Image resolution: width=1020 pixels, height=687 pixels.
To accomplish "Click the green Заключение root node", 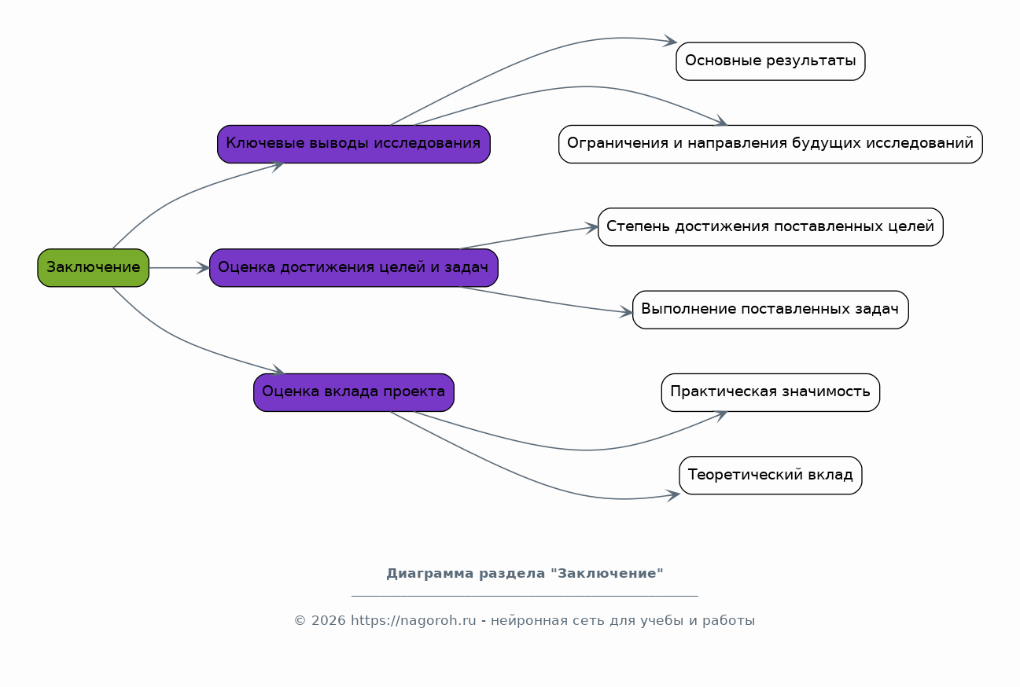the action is coord(94,268).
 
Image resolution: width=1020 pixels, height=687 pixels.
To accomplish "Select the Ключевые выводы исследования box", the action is coord(354,144).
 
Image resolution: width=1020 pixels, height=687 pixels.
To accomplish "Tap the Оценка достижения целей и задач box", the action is coord(354,268).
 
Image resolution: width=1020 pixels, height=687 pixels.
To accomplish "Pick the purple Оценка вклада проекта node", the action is coord(354,392).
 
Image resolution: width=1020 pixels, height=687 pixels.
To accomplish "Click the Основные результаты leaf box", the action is coord(771,61).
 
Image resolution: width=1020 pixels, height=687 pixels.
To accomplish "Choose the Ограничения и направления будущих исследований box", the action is coord(771,144).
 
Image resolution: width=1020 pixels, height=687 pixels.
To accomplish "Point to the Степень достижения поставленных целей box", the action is coord(771,226).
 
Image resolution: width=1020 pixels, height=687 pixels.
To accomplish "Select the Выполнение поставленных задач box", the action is coord(771,310).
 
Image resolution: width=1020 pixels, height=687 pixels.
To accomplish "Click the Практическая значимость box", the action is coord(771,392).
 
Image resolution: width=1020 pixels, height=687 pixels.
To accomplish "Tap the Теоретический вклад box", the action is coord(771,476).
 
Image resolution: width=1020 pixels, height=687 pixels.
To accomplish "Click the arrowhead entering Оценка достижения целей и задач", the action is coord(203,268).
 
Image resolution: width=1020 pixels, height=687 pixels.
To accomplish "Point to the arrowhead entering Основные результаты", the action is coord(670,41).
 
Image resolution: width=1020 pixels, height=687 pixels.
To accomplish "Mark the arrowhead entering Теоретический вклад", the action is coord(673,495).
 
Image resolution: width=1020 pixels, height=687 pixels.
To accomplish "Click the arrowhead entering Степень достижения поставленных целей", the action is coord(591,228).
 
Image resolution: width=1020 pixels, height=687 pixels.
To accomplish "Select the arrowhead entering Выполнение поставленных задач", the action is coord(626,312).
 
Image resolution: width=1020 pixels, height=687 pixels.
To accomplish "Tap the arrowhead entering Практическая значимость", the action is coord(720,415).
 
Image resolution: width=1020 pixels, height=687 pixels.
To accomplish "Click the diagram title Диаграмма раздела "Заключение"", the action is coord(525,573).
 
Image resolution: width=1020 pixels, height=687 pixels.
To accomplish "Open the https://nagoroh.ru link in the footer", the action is coord(413,620).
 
